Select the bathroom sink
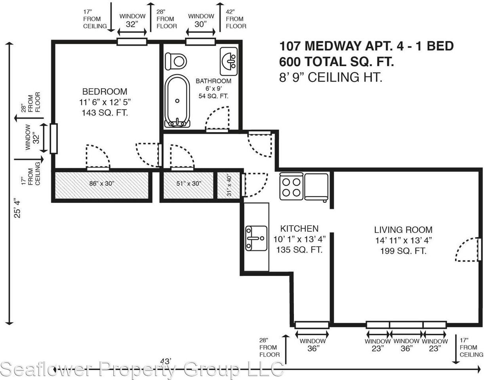229,61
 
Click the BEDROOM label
105,91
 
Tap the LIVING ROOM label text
403,230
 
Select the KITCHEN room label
299,228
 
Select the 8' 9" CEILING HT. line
330,77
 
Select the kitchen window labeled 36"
312,325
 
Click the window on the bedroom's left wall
53,139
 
